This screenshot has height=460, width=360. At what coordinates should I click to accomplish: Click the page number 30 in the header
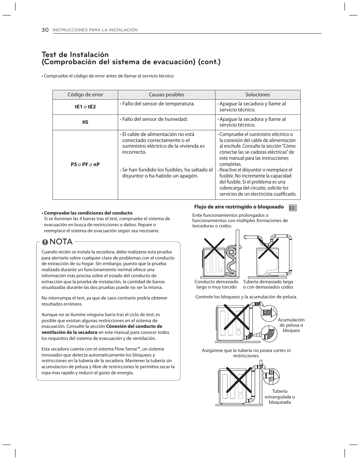point(45,30)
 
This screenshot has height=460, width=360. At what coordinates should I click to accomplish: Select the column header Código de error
point(85,95)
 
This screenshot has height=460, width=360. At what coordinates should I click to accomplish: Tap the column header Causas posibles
point(166,95)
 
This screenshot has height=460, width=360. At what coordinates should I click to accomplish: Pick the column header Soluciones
point(258,95)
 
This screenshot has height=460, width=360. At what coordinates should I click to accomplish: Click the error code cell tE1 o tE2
point(85,107)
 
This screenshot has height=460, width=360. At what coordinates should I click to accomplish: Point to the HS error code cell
point(85,122)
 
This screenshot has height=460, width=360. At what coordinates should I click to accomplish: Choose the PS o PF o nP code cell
point(85,165)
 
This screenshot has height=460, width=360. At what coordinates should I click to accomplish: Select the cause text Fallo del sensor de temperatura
point(157,104)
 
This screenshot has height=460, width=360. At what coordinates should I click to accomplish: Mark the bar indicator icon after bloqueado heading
point(293,207)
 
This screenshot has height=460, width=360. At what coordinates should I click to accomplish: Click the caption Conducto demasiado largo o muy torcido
point(217,284)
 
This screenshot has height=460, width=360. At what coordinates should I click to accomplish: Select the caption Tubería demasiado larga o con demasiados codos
point(268,284)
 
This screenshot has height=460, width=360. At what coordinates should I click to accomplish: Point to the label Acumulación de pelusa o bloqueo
point(291,325)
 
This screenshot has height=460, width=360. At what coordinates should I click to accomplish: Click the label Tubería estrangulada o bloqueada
point(280,397)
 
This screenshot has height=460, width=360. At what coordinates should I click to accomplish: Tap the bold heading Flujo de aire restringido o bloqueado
point(239,207)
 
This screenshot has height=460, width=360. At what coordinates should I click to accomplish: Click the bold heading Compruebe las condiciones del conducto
point(88,213)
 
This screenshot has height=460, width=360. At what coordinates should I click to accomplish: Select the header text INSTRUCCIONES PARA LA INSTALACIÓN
point(95,30)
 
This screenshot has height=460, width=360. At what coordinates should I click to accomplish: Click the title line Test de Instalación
point(75,55)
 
